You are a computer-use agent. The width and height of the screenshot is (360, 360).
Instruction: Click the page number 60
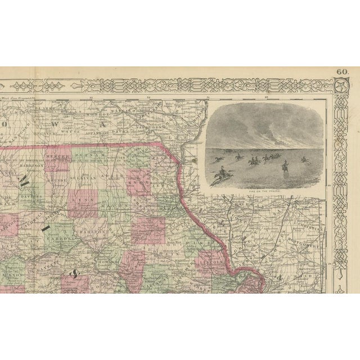(x=342, y=71)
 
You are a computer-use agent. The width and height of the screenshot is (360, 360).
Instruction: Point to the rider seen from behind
(x=285, y=165)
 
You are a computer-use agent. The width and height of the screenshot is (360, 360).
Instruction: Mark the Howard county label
(x=107, y=262)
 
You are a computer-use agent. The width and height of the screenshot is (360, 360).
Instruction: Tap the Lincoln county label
(x=208, y=259)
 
